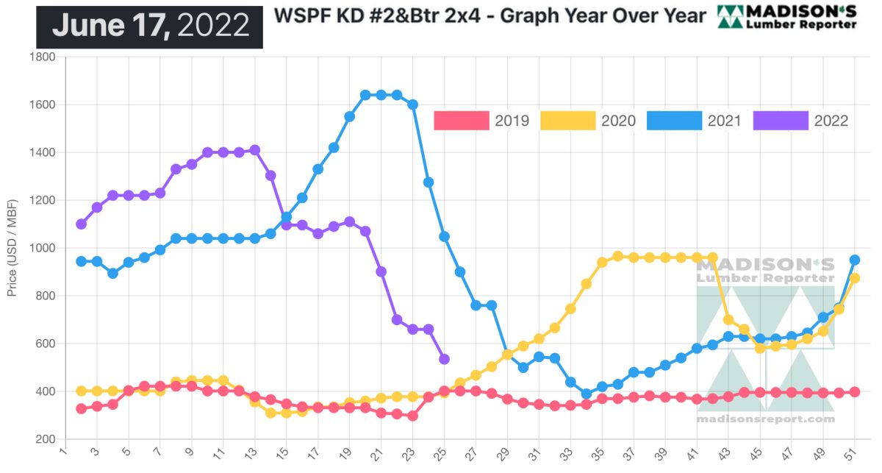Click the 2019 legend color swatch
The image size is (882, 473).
click(462, 121)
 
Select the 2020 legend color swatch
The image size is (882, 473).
click(568, 121)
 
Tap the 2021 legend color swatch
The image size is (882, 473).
click(675, 121)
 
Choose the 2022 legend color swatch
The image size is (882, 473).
click(781, 121)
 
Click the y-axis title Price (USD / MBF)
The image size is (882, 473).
click(12, 248)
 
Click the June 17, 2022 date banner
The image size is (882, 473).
click(150, 26)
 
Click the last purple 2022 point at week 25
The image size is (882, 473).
click(444, 359)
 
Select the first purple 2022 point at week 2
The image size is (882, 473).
click(81, 224)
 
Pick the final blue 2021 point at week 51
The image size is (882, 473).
click(855, 260)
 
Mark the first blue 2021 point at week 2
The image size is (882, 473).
click(81, 261)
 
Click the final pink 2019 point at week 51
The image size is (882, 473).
click(855, 392)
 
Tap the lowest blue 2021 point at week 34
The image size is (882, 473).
click(586, 394)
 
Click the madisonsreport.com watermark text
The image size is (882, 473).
click(765, 419)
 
